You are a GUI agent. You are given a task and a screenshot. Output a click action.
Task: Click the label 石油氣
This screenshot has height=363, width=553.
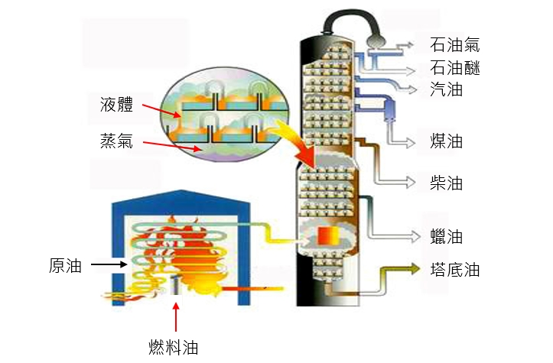click(455, 46)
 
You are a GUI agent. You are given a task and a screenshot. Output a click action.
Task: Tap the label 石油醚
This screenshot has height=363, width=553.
click(455, 68)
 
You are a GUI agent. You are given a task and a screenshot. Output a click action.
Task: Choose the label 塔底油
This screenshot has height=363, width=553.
click(455, 269)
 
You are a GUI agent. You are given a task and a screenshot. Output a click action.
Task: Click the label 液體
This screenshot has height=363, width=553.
click(117, 105)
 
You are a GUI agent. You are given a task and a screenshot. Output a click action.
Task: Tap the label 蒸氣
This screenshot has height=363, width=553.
click(117, 141)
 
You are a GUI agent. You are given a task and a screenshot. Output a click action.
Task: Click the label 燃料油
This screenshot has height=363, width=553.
click(174, 347)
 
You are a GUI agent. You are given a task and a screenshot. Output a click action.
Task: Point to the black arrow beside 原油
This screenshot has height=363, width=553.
click(106, 266)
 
